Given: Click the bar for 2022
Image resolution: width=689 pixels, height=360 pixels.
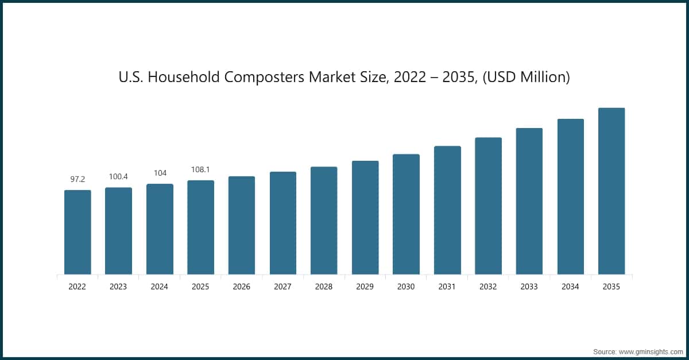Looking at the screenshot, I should (78, 232).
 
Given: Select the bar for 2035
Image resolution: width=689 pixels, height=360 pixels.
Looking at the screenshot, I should (611, 191).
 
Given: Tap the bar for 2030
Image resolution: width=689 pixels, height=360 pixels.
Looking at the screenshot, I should (406, 214).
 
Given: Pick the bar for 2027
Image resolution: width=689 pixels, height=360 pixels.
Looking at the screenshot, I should (283, 223).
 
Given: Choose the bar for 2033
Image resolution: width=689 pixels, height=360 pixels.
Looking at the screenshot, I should (529, 201).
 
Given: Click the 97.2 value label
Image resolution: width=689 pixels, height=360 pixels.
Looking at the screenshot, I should (78, 179).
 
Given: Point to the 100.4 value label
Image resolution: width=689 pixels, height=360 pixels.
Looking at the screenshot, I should (118, 176).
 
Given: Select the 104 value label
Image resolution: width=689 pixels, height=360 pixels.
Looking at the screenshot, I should (160, 173).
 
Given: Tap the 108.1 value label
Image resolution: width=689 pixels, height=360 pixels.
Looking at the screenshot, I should (200, 169).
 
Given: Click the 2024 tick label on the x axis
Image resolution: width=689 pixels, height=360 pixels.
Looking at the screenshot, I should (160, 287).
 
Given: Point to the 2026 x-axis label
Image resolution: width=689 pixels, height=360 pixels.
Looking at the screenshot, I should (242, 287).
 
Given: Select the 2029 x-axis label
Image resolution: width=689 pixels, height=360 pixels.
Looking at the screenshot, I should (365, 287).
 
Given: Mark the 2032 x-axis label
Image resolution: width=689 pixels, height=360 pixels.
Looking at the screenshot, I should (488, 287).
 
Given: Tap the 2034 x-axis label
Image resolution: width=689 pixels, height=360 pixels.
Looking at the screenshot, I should (570, 287).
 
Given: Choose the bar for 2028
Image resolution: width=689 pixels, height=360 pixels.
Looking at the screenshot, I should (324, 220).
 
